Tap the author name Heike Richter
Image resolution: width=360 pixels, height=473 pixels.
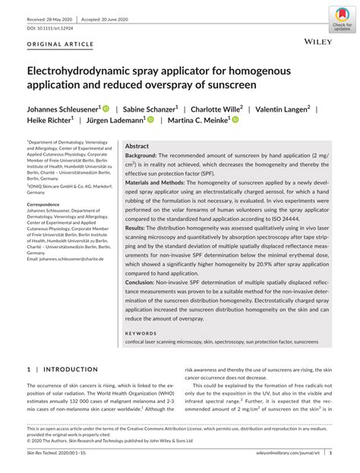point(51,120)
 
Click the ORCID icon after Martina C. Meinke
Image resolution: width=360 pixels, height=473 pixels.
point(235,120)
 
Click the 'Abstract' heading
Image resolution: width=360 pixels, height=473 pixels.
point(137,144)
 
